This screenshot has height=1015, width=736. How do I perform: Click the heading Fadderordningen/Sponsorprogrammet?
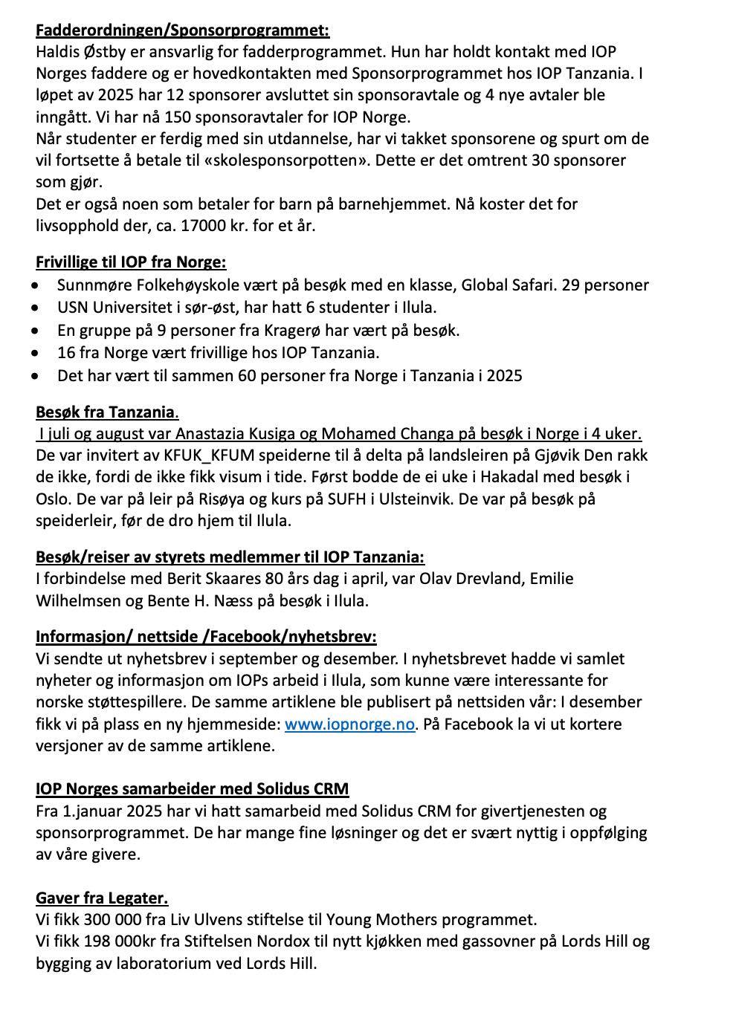[x=182, y=30]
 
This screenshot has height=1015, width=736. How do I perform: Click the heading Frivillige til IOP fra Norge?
[x=131, y=262]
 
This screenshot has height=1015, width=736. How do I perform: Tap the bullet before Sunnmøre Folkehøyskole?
[x=37, y=285]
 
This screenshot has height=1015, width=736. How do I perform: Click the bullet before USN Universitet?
[x=37, y=308]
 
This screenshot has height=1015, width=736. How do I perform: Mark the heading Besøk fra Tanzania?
[x=106, y=412]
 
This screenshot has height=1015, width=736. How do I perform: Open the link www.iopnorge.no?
[x=349, y=724]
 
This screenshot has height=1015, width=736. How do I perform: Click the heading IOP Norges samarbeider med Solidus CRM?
[x=192, y=789]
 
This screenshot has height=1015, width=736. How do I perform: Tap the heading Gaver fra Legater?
[x=102, y=898]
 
